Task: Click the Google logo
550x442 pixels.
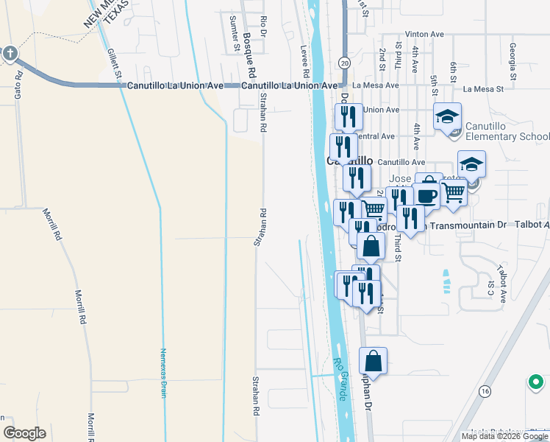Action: pos(24,433)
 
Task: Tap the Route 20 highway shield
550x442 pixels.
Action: pos(345,64)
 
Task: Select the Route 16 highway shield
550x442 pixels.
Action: pos(484,390)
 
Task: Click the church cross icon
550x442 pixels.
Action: pos(9,53)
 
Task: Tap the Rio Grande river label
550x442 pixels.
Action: pos(341,379)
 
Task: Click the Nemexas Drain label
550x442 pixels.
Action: pos(163,373)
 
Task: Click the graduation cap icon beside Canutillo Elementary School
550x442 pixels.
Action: pos(447,116)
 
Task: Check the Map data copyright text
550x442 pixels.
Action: pos(504,436)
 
